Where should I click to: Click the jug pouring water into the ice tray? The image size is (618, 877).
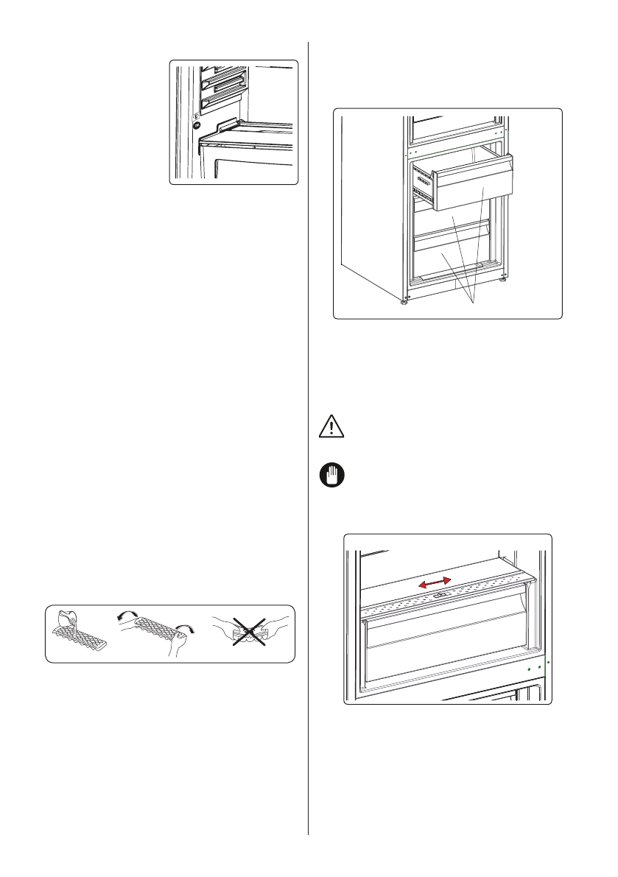click(x=67, y=619)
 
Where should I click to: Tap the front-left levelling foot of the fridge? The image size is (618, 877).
click(x=404, y=301)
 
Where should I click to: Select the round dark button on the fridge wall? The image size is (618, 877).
click(x=197, y=125)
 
